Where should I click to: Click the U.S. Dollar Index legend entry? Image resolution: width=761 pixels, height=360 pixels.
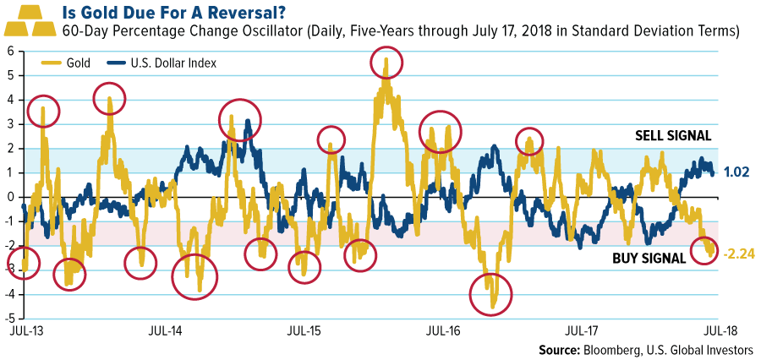[x=159, y=63]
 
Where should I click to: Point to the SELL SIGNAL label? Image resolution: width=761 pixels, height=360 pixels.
[x=672, y=135]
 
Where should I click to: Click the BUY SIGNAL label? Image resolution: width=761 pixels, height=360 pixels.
[x=649, y=259]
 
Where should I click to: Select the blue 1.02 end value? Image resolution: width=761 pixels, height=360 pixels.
[x=740, y=172]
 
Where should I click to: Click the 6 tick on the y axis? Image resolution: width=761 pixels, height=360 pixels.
[x=9, y=51]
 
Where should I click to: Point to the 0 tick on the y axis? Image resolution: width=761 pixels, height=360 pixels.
[x=9, y=197]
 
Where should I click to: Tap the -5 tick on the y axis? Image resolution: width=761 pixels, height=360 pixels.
[x=8, y=319]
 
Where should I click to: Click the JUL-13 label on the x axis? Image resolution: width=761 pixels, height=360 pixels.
[x=25, y=331]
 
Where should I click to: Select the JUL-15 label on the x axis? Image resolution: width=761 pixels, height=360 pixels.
[x=302, y=331]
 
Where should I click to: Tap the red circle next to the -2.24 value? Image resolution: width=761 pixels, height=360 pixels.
[x=707, y=250]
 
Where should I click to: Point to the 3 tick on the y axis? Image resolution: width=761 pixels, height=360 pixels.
[x=9, y=124]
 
